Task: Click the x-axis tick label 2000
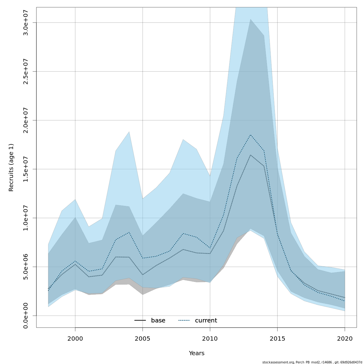pyautogui.click(x=75, y=339)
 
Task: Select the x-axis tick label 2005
pyautogui.click(x=143, y=339)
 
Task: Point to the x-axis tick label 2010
pyautogui.click(x=210, y=339)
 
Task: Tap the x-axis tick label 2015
pyautogui.click(x=277, y=339)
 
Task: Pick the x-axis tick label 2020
pyautogui.click(x=345, y=339)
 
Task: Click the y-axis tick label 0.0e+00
pyautogui.click(x=26, y=315)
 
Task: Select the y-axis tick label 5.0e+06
pyautogui.click(x=26, y=267)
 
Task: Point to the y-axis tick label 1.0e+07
pyautogui.click(x=26, y=218)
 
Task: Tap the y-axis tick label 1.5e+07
pyautogui.click(x=26, y=169)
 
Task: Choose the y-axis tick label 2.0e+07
pyautogui.click(x=26, y=120)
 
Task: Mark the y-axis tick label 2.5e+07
pyautogui.click(x=26, y=71)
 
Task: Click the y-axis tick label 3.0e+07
pyautogui.click(x=26, y=22)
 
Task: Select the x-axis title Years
pyautogui.click(x=197, y=353)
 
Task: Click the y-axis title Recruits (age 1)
pyautogui.click(x=11, y=167)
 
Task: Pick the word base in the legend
pyautogui.click(x=158, y=321)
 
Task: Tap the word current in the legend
pyautogui.click(x=206, y=321)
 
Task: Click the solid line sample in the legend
pyautogui.click(x=140, y=321)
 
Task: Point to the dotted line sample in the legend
pyautogui.click(x=184, y=321)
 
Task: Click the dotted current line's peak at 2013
pyautogui.click(x=251, y=135)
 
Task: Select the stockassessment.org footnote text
pyautogui.click(x=312, y=362)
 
